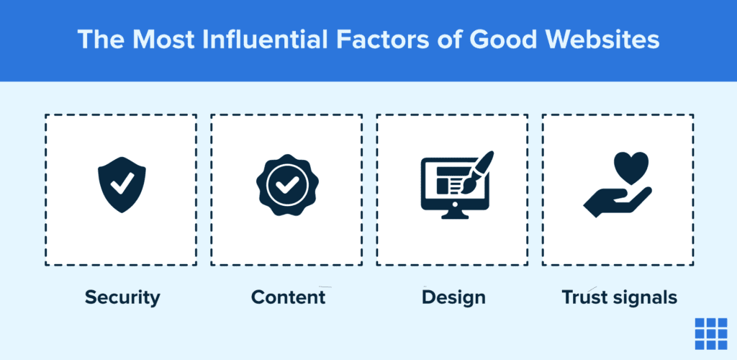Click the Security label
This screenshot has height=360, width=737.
tap(122, 297)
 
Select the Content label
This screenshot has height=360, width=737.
tap(288, 297)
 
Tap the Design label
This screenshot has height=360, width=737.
tap(453, 297)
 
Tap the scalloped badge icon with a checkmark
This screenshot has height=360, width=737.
tap(286, 184)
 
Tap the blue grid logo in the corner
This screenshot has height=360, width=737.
tap(710, 332)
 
